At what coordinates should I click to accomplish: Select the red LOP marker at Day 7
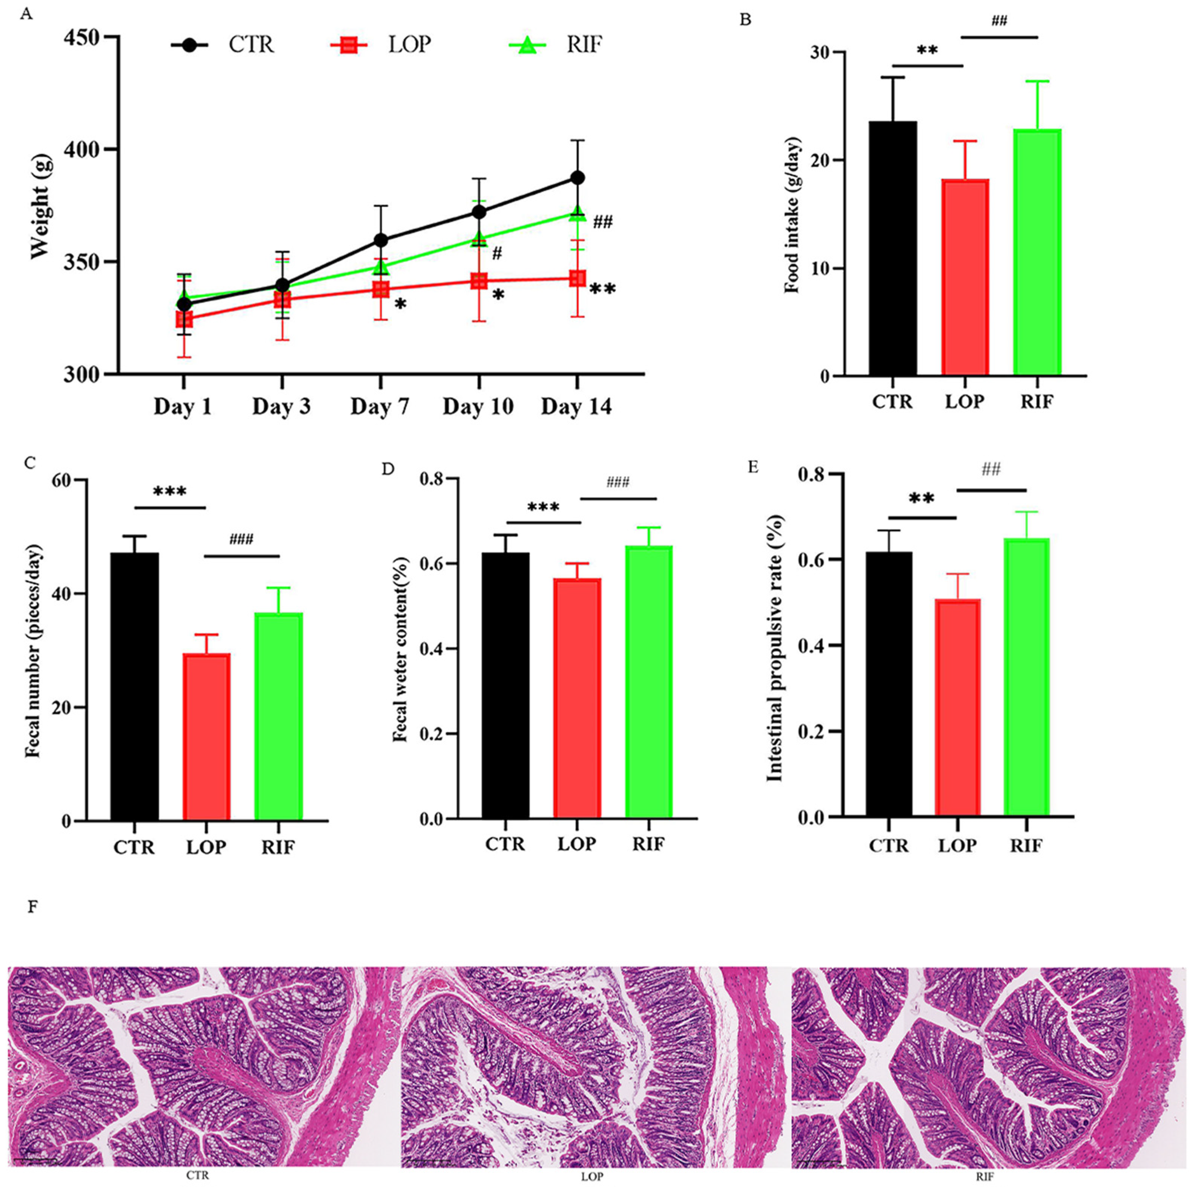[x=380, y=289]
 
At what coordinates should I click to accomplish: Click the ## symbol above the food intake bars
[x=999, y=22]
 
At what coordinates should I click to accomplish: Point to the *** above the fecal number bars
[x=169, y=492]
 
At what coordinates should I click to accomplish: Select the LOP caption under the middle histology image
[x=592, y=1176]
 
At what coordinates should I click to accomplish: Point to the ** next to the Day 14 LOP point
[x=602, y=289]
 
